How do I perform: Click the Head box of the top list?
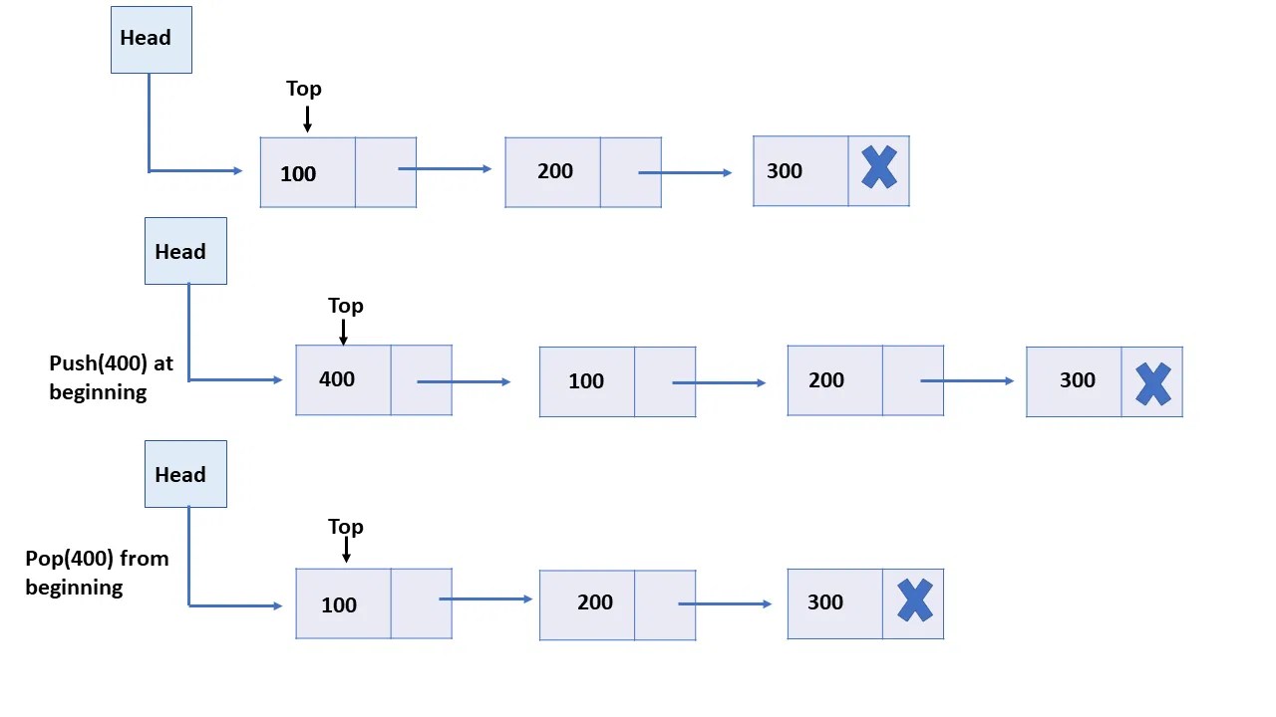click(151, 39)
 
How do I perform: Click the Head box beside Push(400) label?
click(185, 251)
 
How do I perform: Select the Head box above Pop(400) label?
click(185, 474)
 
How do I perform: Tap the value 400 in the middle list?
click(337, 379)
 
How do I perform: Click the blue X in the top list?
click(878, 168)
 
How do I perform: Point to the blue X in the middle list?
click(1152, 383)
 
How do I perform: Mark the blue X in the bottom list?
click(914, 601)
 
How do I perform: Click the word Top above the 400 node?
click(346, 306)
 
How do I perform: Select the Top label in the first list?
click(304, 89)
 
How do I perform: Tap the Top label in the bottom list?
click(346, 527)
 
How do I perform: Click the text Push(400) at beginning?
click(110, 377)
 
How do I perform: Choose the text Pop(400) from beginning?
click(97, 573)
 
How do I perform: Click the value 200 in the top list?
click(555, 171)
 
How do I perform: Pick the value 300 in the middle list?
click(1078, 380)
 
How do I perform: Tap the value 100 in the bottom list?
click(339, 605)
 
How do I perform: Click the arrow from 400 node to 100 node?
click(464, 381)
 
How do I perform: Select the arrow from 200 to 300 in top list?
click(685, 173)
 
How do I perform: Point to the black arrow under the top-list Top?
click(307, 119)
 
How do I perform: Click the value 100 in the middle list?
click(586, 381)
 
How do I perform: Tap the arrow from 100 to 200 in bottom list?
click(485, 599)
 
